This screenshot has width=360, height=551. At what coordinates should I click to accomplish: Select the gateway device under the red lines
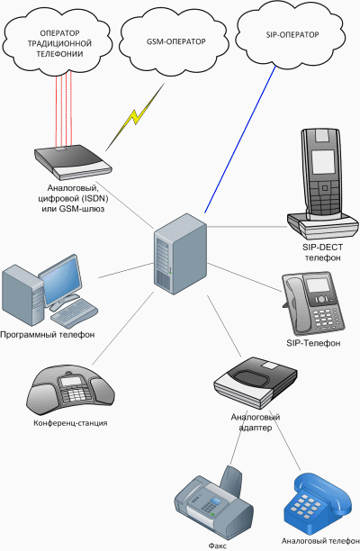click(x=72, y=160)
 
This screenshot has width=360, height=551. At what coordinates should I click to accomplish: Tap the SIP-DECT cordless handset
click(x=321, y=176)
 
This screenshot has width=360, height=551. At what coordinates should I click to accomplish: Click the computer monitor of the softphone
click(x=65, y=280)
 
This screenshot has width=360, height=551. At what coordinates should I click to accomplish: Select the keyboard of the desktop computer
click(x=75, y=313)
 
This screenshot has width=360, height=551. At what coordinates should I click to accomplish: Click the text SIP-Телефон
click(x=314, y=344)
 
